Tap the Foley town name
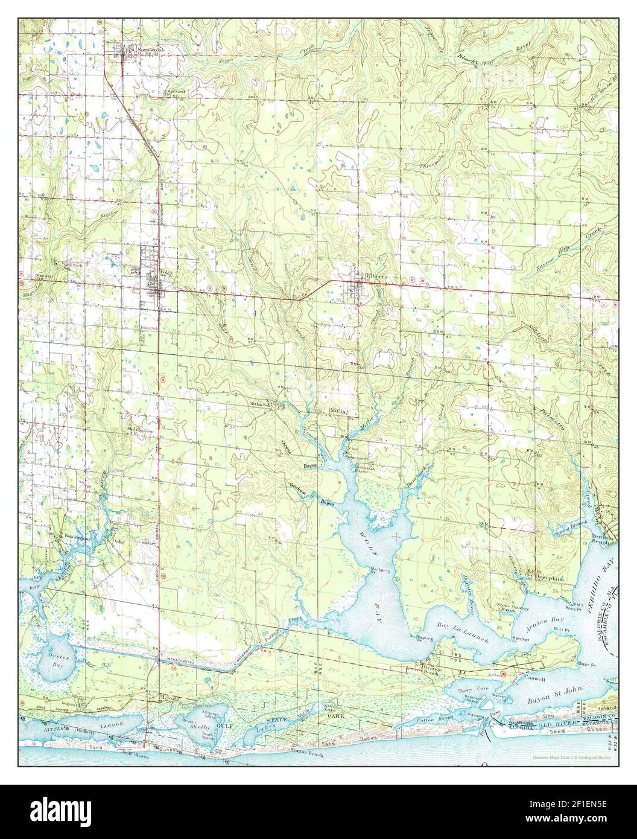pos(163,272)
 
